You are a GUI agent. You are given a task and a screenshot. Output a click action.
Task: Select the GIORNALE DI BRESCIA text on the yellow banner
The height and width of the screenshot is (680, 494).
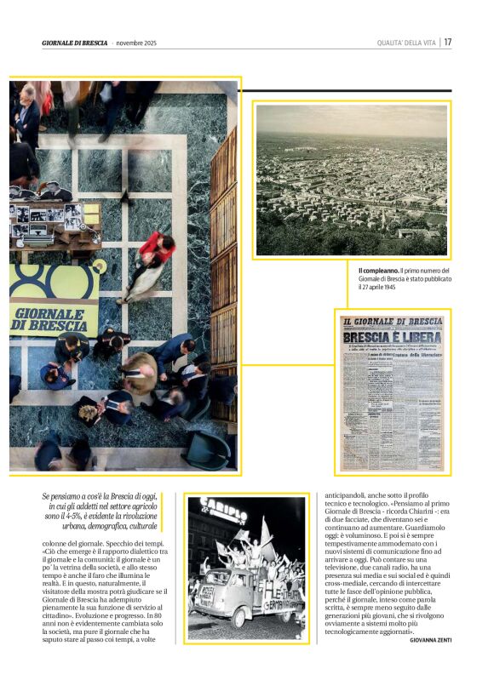(53, 317)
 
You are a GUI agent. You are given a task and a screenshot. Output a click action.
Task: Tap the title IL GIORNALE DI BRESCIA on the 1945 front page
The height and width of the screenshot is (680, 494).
(392, 322)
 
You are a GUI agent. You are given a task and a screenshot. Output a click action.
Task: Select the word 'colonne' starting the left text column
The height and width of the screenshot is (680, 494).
(55, 543)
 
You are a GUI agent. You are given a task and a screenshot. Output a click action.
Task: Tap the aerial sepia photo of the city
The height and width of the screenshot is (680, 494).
(351, 180)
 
